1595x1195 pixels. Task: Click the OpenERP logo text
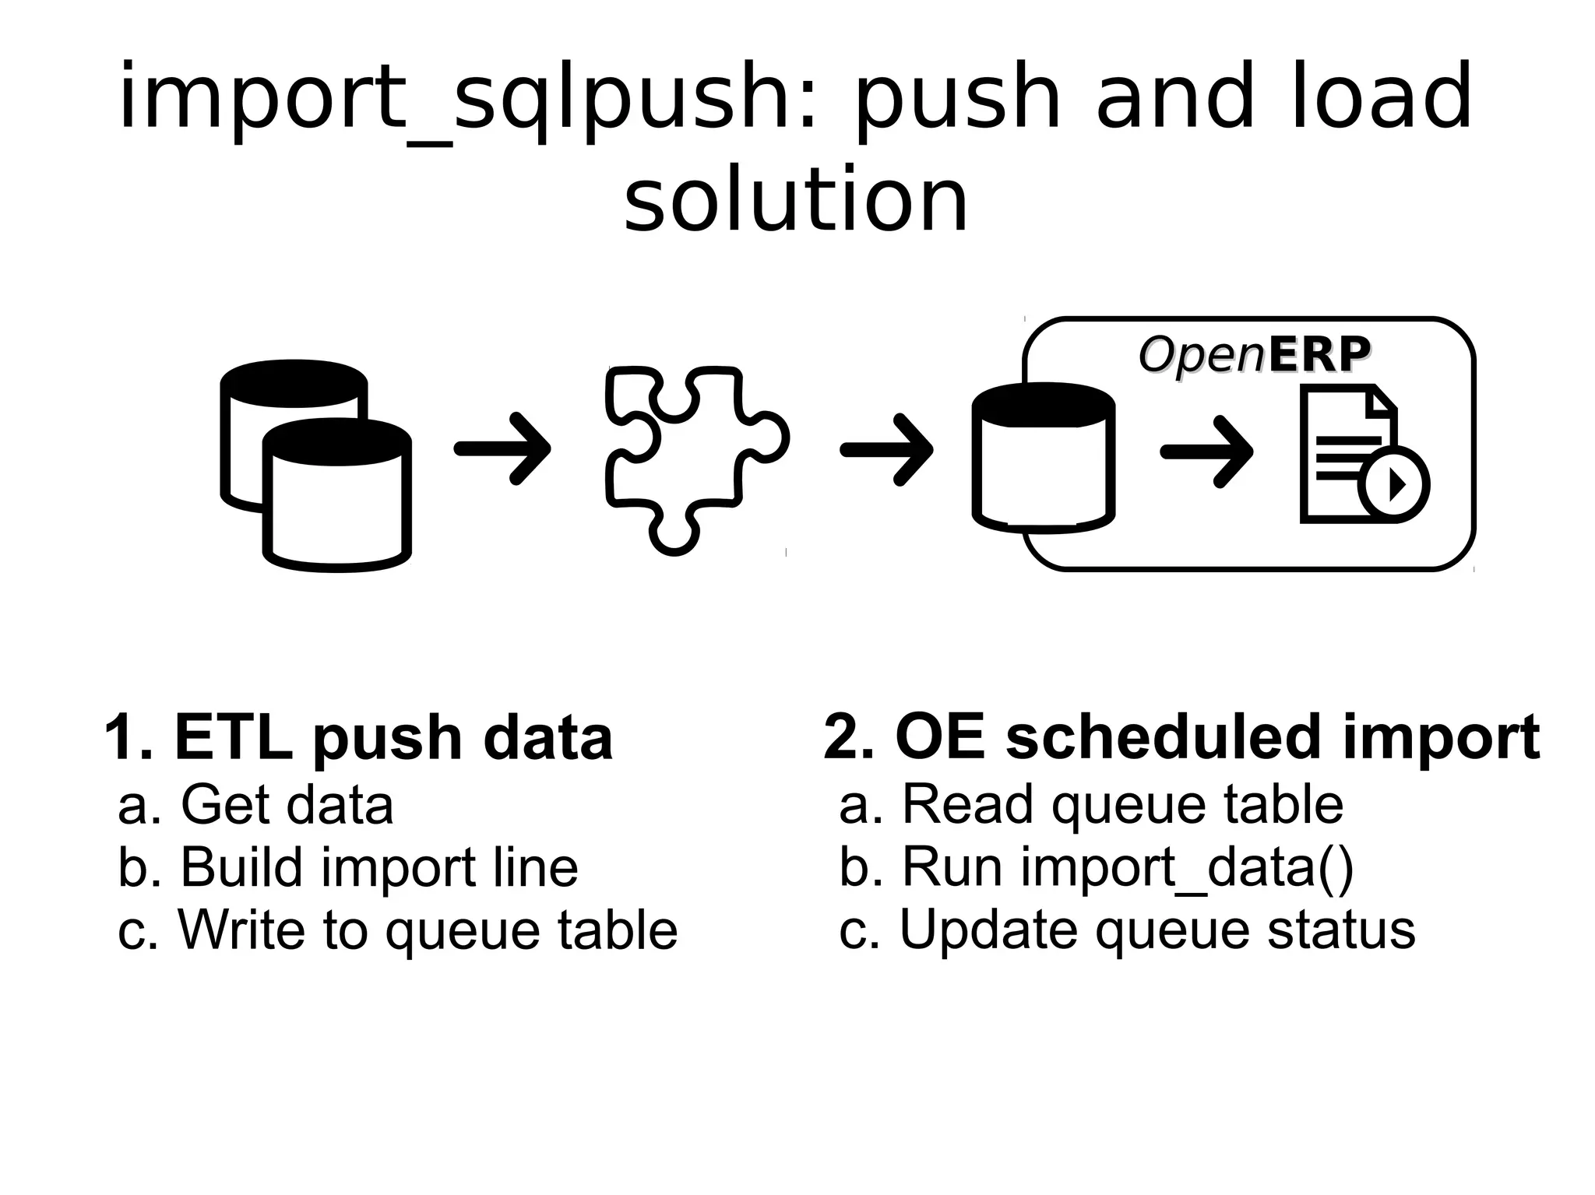coord(1254,355)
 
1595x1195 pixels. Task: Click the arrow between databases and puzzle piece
coord(503,449)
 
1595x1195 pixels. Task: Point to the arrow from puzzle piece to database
coord(887,450)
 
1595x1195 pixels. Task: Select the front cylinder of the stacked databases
coord(336,498)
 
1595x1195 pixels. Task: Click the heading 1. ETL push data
coord(358,736)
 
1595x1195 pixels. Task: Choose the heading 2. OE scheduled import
coord(1181,736)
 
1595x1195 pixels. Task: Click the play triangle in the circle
coord(1396,485)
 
